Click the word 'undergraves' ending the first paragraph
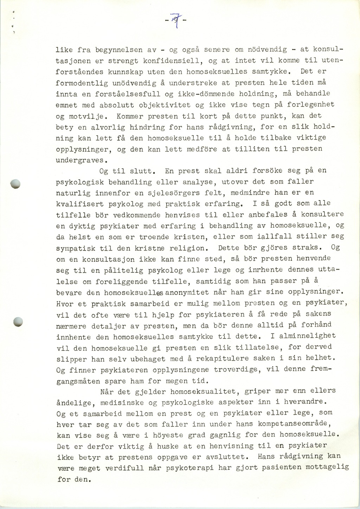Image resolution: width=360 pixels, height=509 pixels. tap(80, 160)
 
